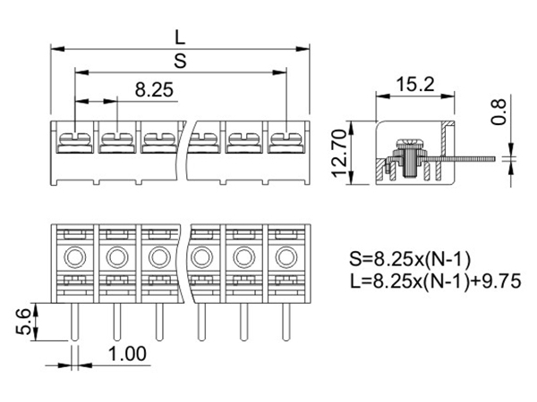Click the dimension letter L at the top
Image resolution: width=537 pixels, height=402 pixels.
(x=180, y=37)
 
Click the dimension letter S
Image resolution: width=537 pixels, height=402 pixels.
(x=180, y=60)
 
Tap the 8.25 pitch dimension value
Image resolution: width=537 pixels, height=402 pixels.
(x=154, y=89)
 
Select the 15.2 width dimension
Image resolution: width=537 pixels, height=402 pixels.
(x=415, y=86)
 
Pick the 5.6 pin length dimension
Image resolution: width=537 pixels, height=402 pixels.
(x=24, y=320)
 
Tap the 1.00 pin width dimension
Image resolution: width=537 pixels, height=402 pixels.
(x=128, y=354)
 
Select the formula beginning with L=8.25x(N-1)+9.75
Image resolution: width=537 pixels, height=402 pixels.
(x=437, y=282)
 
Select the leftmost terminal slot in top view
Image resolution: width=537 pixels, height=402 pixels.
(x=72, y=140)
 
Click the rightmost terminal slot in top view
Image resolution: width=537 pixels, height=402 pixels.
(x=285, y=140)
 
